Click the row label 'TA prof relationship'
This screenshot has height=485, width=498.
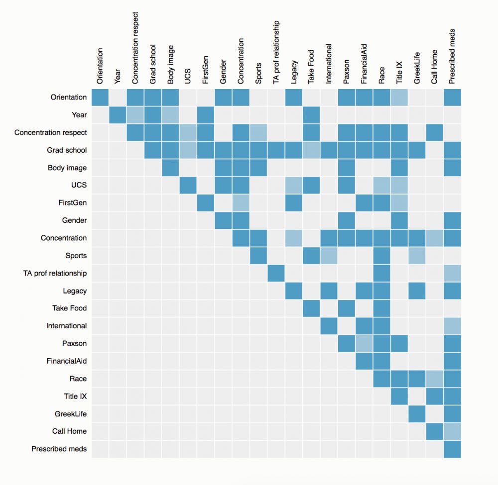pyautogui.click(x=55, y=273)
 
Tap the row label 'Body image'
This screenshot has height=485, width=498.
pyautogui.click(x=67, y=168)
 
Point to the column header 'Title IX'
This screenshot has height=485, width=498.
pyautogui.click(x=399, y=69)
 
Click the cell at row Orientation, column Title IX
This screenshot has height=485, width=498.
pyautogui.click(x=399, y=97)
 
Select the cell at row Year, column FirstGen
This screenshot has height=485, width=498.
pyautogui.click(x=206, y=115)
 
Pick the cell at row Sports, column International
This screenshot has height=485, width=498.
pyautogui.click(x=329, y=256)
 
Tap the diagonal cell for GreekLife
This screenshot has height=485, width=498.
pyautogui.click(x=417, y=414)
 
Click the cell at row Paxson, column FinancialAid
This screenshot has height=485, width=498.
pyautogui.click(x=364, y=343)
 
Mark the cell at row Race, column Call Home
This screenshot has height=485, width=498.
pyautogui.click(x=435, y=379)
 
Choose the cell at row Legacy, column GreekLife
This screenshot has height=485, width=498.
pyautogui.click(x=417, y=291)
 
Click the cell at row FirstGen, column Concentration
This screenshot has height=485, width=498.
pyautogui.click(x=241, y=203)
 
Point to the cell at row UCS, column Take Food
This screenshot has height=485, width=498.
pyautogui.click(x=311, y=185)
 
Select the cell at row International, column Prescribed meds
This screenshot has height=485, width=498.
pyautogui.click(x=452, y=326)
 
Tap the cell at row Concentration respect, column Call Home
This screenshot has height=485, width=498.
pyautogui.click(x=435, y=132)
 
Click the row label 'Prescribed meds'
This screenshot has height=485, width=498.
pyautogui.click(x=59, y=449)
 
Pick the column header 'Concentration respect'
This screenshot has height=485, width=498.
pyautogui.click(x=135, y=48)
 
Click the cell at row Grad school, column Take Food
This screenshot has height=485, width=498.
pyautogui.click(x=311, y=150)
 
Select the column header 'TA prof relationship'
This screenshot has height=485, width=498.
pyautogui.click(x=276, y=52)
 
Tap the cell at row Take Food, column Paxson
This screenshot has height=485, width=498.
pyautogui.click(x=347, y=308)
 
